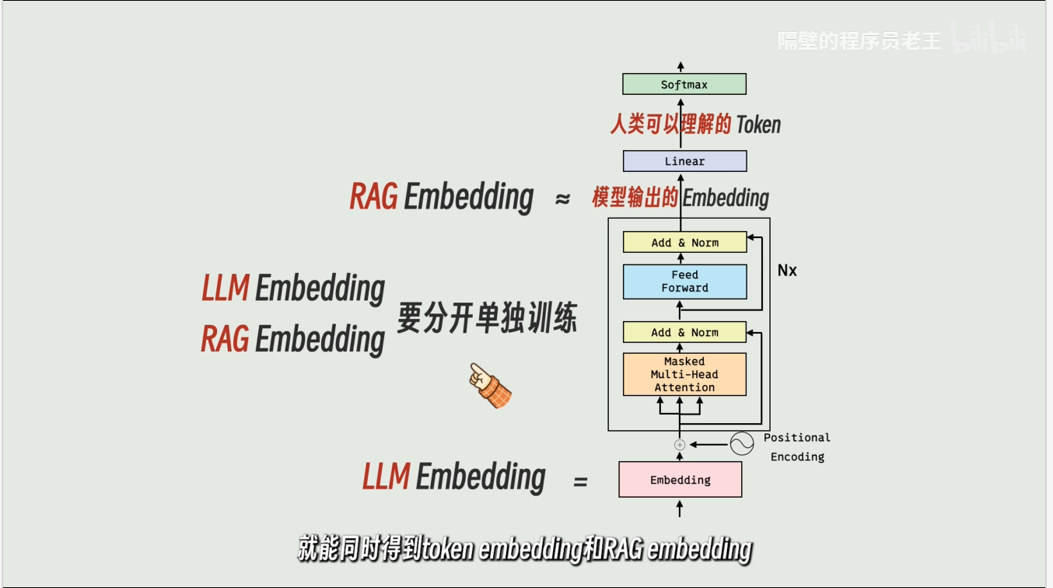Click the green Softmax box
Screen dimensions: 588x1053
pyautogui.click(x=684, y=84)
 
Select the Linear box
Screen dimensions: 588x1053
pyautogui.click(x=684, y=161)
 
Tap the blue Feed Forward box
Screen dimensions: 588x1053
pyautogui.click(x=684, y=282)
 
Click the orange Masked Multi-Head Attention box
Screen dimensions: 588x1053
pyautogui.click(x=684, y=374)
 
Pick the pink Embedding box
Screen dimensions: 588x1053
pyautogui.click(x=680, y=480)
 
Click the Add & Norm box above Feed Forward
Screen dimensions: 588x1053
pyautogui.click(x=684, y=243)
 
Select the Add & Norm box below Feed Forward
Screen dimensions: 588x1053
pyautogui.click(x=684, y=332)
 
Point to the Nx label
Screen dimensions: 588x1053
pyautogui.click(x=787, y=271)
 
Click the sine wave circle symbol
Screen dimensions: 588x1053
pyautogui.click(x=742, y=444)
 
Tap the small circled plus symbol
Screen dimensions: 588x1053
pyautogui.click(x=680, y=445)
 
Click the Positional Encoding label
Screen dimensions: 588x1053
pyautogui.click(x=797, y=447)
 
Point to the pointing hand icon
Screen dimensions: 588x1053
pyautogui.click(x=489, y=385)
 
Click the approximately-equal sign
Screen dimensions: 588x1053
pyautogui.click(x=562, y=199)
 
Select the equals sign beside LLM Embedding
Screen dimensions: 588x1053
pyautogui.click(x=580, y=481)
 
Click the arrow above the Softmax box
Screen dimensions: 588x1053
pyautogui.click(x=681, y=66)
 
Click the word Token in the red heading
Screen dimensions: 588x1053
pyautogui.click(x=757, y=124)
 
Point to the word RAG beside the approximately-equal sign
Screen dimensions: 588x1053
pyautogui.click(x=373, y=197)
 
